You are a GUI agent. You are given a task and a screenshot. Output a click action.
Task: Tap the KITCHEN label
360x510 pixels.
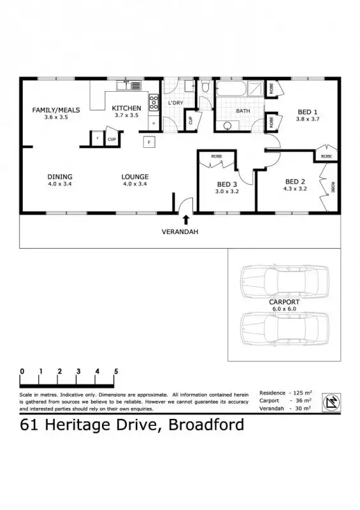click(126, 108)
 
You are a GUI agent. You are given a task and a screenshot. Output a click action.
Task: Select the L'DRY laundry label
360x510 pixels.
click(175, 103)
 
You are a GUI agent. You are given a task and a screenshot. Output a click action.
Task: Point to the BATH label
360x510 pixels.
click(243, 111)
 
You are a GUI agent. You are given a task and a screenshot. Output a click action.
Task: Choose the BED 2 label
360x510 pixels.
click(296, 180)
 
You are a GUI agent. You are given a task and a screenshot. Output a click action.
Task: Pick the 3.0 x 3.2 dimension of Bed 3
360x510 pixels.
click(227, 191)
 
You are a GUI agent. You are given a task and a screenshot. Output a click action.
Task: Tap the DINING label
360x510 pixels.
click(59, 177)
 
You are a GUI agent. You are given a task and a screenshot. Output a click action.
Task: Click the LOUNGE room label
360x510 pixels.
click(135, 177)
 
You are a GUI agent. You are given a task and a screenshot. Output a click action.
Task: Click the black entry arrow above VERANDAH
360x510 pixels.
click(185, 220)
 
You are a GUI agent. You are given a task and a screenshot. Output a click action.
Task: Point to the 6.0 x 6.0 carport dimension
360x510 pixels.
click(284, 309)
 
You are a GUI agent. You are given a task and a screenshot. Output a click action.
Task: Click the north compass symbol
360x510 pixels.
click(331, 401)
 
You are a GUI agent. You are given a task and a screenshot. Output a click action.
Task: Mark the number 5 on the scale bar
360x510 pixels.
click(116, 371)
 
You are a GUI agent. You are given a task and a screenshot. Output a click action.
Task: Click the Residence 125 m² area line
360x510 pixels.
click(285, 393)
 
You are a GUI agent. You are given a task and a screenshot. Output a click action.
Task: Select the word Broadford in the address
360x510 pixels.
click(206, 425)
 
